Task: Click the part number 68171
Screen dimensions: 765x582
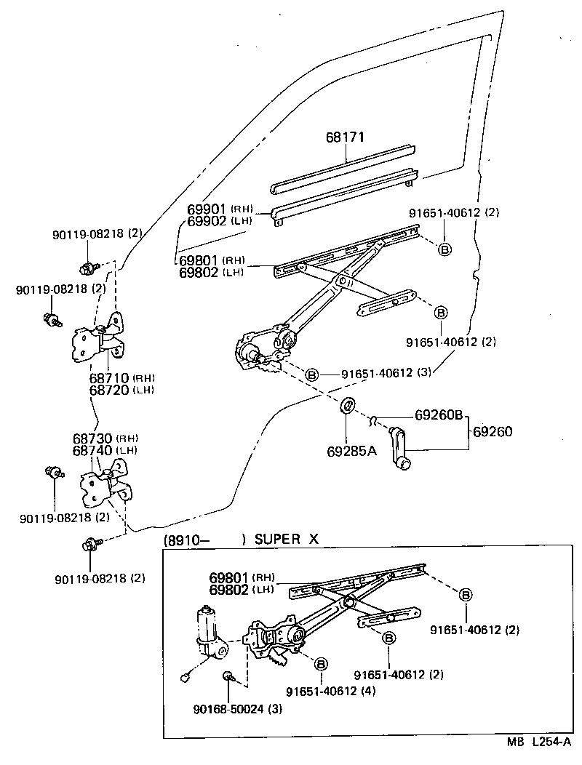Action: pos(344,137)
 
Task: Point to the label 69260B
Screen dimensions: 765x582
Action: pos(439,416)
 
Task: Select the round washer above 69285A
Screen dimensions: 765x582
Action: pos(348,404)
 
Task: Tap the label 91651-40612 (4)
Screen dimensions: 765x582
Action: pos(330,691)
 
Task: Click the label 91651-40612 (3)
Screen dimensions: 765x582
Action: pos(386,374)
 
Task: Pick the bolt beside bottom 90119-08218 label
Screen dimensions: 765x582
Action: pos(91,543)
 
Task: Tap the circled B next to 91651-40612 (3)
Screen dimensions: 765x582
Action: pos(311,375)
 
